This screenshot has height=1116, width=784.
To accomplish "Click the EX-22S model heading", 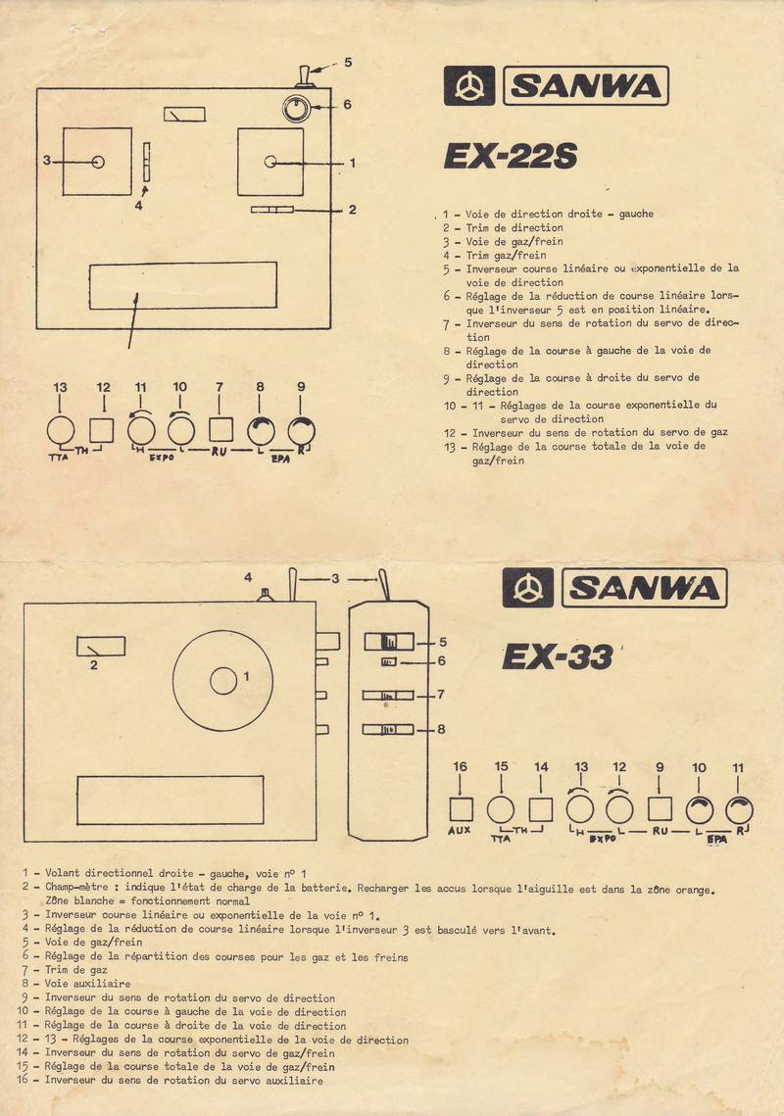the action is (511, 156).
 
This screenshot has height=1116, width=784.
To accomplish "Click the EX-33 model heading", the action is (558, 656).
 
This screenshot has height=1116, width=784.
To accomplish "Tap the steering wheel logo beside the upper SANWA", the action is (469, 85).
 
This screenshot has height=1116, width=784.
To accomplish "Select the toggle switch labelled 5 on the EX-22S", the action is (303, 75).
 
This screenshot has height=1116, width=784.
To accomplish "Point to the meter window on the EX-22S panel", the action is (184, 114).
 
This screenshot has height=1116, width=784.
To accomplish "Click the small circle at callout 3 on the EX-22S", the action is (98, 162).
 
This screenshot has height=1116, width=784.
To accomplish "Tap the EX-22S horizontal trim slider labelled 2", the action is (272, 210).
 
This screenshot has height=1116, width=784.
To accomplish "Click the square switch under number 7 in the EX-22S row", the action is (220, 430).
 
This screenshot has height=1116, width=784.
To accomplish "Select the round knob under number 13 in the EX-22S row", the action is (61, 430).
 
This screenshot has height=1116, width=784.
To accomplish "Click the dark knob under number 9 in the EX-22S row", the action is (301, 431).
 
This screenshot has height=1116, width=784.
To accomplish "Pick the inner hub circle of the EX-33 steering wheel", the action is (222, 681).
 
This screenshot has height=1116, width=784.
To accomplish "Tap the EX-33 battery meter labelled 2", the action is (101, 647).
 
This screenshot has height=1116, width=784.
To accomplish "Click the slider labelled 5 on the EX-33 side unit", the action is (389, 642).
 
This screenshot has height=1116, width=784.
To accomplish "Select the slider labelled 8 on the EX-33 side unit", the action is (388, 729).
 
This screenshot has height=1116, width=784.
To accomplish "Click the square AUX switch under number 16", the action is (461, 809).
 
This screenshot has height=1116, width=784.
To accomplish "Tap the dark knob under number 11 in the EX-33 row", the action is (739, 810).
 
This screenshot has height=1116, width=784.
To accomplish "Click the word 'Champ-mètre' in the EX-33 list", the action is (76, 887).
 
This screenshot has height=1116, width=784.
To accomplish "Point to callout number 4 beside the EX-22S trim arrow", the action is (139, 205).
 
